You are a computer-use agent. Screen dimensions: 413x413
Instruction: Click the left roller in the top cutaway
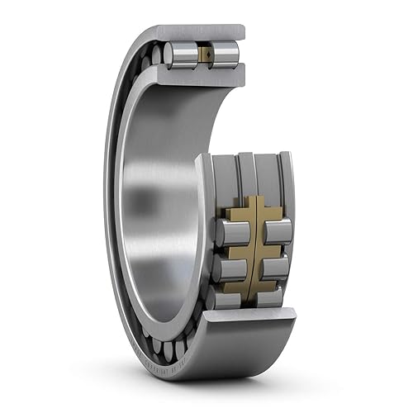180,55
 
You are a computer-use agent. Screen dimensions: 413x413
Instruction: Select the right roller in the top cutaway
225,55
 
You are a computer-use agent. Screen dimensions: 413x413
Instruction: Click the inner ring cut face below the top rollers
202,78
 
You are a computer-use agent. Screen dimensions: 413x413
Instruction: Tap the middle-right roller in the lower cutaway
276,267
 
